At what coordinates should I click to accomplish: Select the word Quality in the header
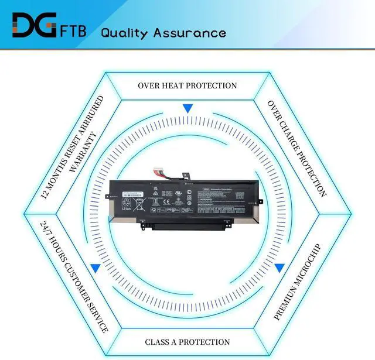(x=124, y=32)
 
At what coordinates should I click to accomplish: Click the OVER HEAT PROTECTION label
(x=187, y=85)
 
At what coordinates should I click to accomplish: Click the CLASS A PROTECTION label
(x=187, y=342)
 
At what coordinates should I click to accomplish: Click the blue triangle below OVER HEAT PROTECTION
(x=187, y=109)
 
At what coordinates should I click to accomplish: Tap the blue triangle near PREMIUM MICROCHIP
(x=279, y=268)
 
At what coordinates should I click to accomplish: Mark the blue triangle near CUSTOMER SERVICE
(x=94, y=268)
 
